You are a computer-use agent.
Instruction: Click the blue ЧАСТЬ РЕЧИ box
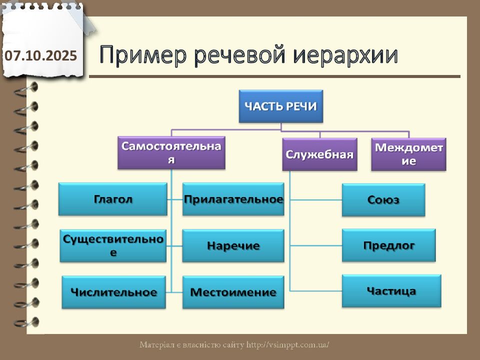pyautogui.click(x=280, y=106)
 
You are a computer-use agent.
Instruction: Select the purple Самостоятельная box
pyautogui.click(x=171, y=153)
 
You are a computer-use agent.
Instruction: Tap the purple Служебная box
pyautogui.click(x=319, y=154)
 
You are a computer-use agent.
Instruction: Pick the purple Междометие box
pyautogui.click(x=409, y=154)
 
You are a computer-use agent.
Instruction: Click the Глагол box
pyautogui.click(x=112, y=199)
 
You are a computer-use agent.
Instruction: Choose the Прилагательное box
pyautogui.click(x=233, y=199)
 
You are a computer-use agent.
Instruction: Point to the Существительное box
pyautogui.click(x=113, y=245)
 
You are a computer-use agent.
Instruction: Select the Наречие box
pyautogui.click(x=233, y=245)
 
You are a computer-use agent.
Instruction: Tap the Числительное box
pyautogui.click(x=113, y=292)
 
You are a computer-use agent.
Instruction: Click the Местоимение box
pyautogui.click(x=233, y=292)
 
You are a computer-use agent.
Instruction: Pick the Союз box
pyautogui.click(x=383, y=200)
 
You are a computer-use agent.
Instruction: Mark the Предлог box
pyautogui.click(x=388, y=245)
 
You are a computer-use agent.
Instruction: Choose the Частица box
pyautogui.click(x=391, y=291)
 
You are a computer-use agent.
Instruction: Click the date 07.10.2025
pyautogui.click(x=41, y=55)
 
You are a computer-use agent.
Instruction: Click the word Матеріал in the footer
pyautogui.click(x=156, y=345)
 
